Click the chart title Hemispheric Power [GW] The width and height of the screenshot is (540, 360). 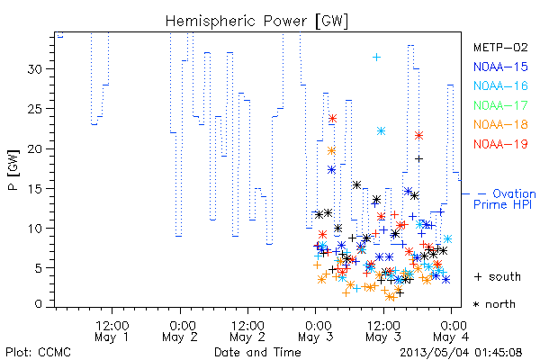click(256, 22)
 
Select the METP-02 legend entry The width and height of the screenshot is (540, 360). click(500, 47)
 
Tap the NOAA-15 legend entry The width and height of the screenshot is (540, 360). click(500, 67)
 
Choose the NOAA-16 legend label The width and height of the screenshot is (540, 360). click(500, 85)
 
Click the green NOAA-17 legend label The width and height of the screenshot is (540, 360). click(500, 105)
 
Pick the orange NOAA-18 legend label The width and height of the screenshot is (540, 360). click(500, 124)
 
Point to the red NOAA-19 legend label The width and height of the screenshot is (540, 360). click(500, 144)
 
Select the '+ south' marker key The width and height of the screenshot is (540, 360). click(498, 276)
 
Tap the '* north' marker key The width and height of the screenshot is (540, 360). click(494, 304)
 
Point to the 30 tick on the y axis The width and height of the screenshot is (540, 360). click(35, 69)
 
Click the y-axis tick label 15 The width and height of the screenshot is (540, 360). click(35, 189)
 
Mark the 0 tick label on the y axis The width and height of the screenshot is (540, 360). click(39, 304)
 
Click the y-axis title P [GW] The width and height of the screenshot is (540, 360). click(13, 170)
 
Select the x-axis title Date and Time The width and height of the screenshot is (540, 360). click(257, 353)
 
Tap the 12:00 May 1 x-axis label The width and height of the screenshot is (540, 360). click(112, 331)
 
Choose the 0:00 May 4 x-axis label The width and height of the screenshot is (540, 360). click(452, 331)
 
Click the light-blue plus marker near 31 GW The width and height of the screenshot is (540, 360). click(377, 58)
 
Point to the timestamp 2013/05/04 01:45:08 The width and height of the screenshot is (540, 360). click(461, 353)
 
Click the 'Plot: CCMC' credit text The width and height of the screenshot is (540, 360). click(38, 353)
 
